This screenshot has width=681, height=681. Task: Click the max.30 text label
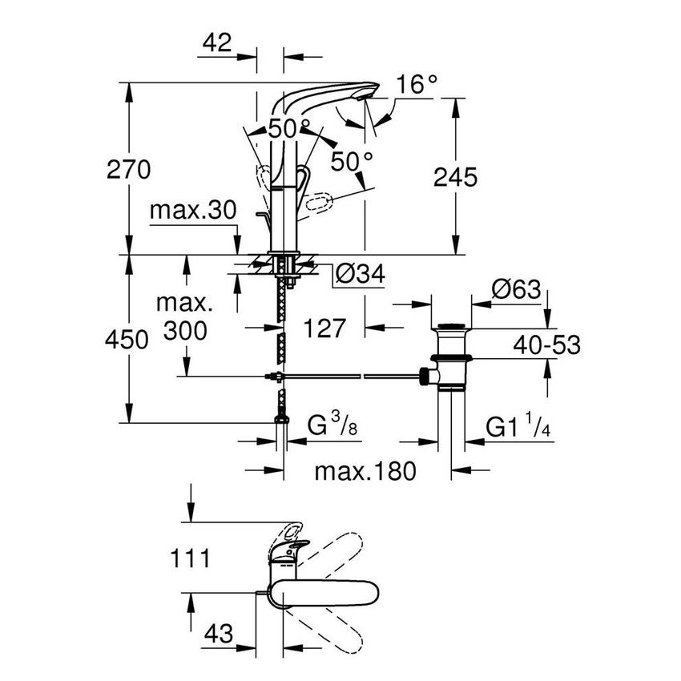click(193, 212)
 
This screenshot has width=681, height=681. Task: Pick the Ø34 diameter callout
click(359, 275)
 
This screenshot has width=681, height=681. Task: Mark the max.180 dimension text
click(365, 472)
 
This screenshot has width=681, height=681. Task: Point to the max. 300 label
click(186, 317)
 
